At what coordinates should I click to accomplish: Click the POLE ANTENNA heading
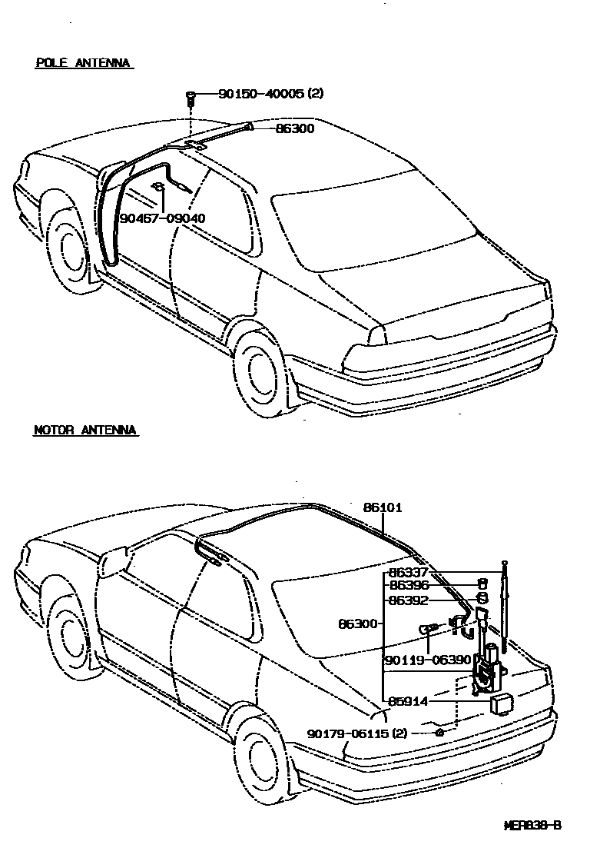pos(83,63)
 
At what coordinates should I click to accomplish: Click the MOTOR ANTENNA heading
pos(85,431)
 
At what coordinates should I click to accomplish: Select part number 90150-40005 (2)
pos(270,94)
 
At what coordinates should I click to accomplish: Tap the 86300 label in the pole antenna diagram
pos(295,128)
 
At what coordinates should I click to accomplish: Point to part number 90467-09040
pos(163,218)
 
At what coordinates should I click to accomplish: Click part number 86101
pos(383,508)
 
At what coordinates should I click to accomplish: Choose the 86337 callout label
pos(408,572)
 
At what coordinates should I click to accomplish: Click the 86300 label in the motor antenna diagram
pos(358,624)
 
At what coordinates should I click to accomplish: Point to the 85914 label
pos(408,701)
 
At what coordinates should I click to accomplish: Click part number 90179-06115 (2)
pos(358,733)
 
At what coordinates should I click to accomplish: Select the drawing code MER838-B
pos(532,826)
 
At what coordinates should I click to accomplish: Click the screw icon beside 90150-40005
pos(190,96)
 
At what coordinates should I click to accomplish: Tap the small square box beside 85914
pos(502,703)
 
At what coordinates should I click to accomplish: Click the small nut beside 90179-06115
pos(439,733)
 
